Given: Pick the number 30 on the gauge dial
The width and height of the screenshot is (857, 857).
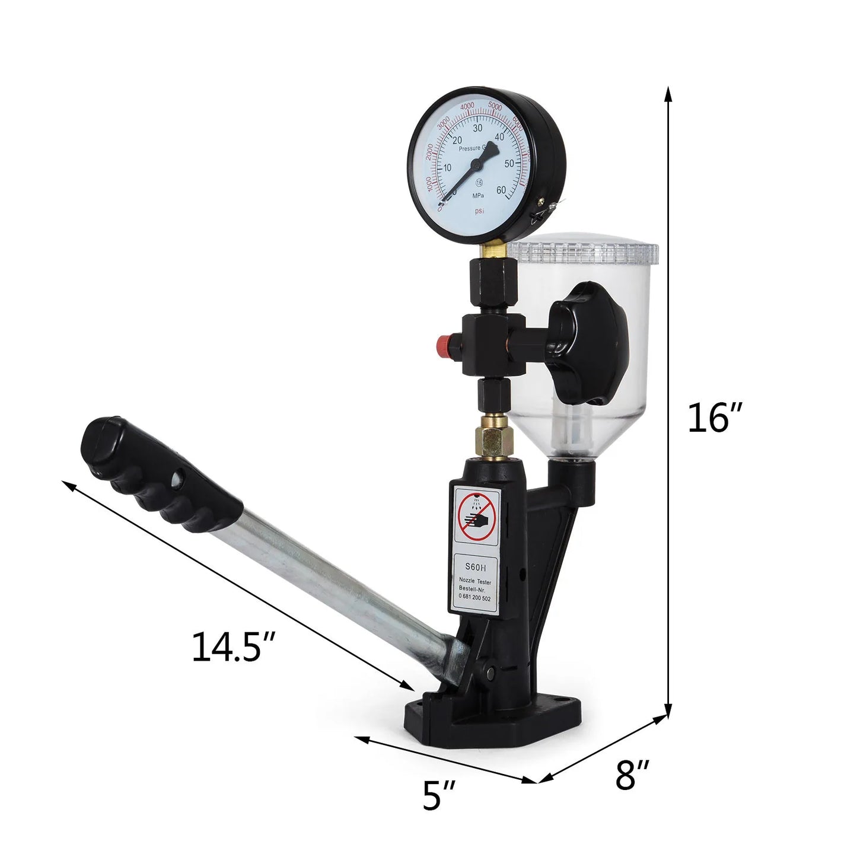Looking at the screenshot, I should (x=476, y=127).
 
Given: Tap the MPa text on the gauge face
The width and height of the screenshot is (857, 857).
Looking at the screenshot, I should (x=479, y=195).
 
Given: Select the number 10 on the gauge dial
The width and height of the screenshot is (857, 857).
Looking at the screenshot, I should (x=447, y=168).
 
